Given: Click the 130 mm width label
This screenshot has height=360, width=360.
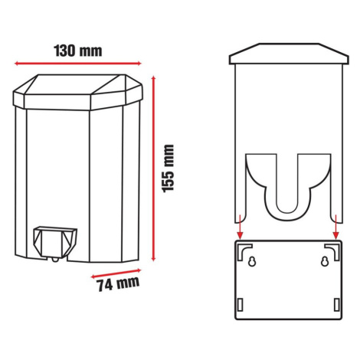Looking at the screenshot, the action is pos(78,51).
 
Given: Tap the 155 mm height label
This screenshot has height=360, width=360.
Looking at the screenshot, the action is pos(168,169).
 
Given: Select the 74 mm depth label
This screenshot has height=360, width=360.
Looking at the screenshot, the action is pos(118,283).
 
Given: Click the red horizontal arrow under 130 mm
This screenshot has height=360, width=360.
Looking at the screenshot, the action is pos(78,64).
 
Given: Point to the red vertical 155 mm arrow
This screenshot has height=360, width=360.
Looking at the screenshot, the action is pos(153,169).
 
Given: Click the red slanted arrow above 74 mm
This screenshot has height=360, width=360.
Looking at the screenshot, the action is pos(116,273).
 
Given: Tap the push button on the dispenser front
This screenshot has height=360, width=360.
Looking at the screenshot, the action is pos(55,241).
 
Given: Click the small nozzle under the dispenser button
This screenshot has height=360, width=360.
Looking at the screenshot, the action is pos(55,260).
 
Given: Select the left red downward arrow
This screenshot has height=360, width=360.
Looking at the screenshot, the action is pos(240,227).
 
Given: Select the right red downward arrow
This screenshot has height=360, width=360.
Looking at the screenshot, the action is pos(336,227).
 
